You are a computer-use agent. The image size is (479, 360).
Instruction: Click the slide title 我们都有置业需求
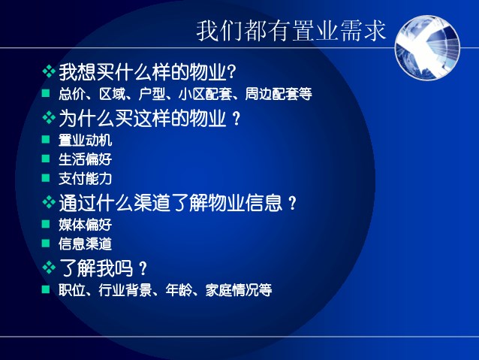(291, 31)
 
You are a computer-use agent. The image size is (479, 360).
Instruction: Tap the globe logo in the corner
(427, 47)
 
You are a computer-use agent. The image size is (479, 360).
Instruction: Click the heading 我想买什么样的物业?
(147, 72)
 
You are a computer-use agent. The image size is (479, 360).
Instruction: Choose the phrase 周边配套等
(279, 94)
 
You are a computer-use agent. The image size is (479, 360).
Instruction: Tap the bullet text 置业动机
(86, 141)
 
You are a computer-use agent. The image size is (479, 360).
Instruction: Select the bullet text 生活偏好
(86, 159)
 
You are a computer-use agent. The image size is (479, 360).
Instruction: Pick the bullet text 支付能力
(86, 179)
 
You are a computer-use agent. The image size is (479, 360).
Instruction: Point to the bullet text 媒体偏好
(86, 225)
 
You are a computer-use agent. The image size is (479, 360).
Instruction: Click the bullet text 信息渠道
(86, 244)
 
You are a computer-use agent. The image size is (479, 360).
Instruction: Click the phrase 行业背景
(125, 290)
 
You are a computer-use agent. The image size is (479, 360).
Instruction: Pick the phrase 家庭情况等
(238, 290)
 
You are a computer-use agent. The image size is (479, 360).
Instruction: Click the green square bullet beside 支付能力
(46, 177)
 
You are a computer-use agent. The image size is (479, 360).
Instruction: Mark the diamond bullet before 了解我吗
(49, 268)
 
